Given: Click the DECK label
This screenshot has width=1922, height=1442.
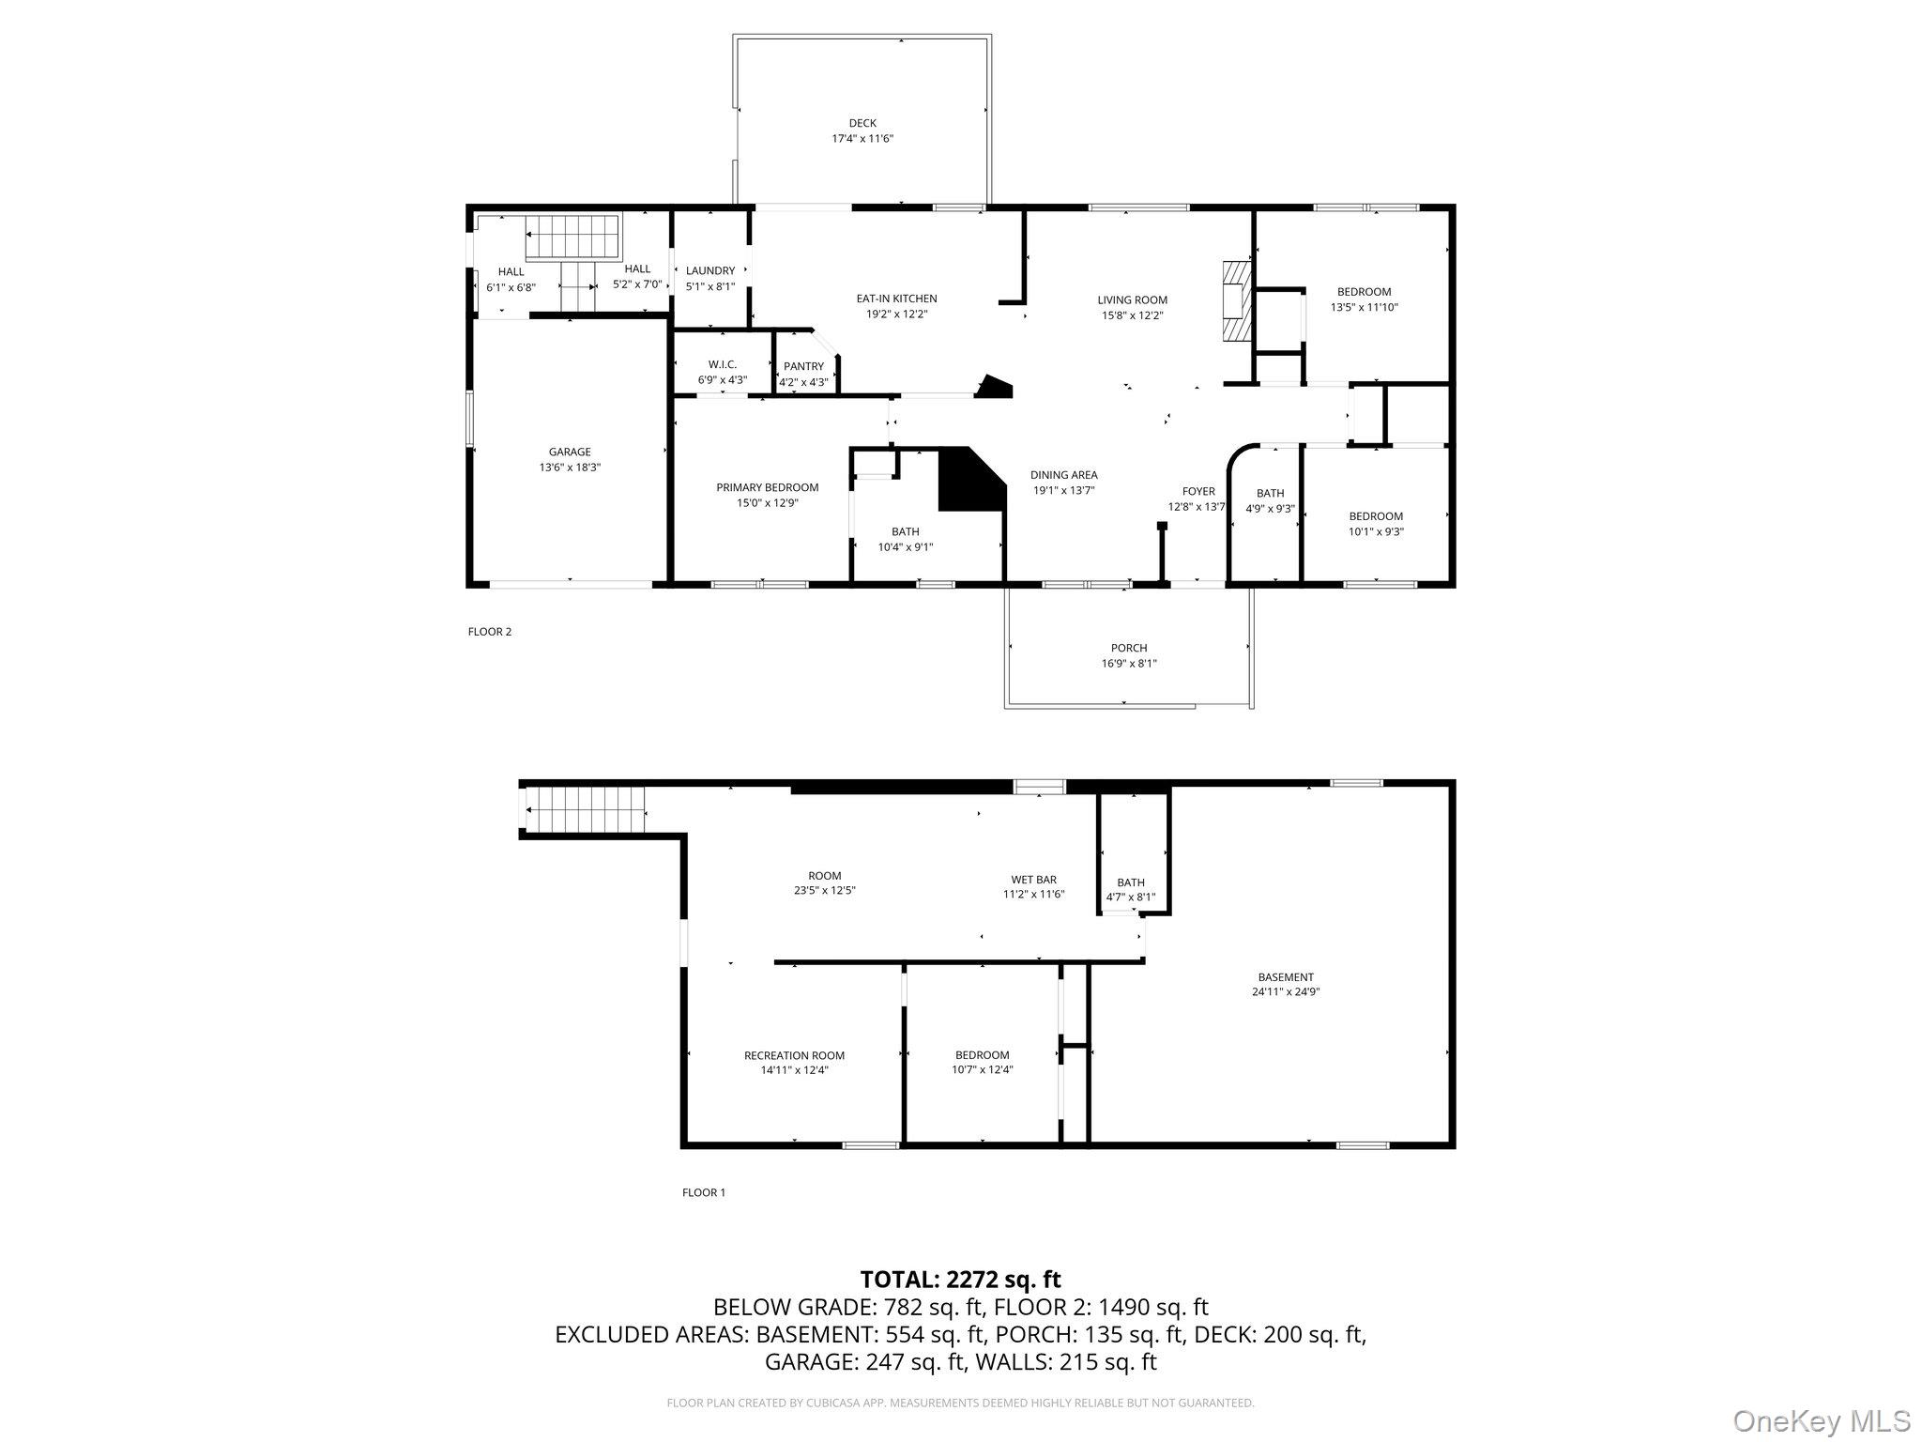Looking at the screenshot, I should [x=862, y=123].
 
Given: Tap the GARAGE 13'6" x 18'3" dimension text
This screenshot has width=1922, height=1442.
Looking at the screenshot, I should [x=570, y=468].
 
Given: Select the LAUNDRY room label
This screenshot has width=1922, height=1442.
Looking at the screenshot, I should [x=709, y=270].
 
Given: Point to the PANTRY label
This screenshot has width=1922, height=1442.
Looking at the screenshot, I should [x=803, y=366].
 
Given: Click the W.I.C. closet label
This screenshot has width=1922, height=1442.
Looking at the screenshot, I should [x=722, y=364].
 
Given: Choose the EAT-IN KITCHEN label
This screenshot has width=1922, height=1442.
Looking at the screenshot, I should [x=896, y=299].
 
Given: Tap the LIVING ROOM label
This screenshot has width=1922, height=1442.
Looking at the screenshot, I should [x=1132, y=300].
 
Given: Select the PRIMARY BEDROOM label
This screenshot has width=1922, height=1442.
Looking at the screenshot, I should [x=767, y=487].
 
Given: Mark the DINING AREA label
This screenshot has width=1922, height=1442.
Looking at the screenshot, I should [x=1063, y=475].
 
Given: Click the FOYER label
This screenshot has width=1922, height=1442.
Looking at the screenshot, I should [x=1197, y=491].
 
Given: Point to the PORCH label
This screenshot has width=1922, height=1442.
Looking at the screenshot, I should [x=1128, y=648].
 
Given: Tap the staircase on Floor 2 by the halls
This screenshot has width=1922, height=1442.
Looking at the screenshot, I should [x=572, y=239].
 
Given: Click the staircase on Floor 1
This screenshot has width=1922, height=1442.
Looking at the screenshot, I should [x=586, y=809].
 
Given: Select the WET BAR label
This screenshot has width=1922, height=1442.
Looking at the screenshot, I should [x=1033, y=880].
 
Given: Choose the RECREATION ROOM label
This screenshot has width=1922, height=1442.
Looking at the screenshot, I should [x=794, y=1055].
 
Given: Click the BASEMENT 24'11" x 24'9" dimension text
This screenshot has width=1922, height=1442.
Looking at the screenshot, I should [x=1285, y=991].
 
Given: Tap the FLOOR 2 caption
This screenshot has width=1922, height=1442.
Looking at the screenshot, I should [x=489, y=632].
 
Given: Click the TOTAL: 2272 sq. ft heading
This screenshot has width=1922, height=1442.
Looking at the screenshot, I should [x=960, y=1279].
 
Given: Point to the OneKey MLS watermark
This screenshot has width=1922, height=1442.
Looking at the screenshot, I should [x=1821, y=1420].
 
